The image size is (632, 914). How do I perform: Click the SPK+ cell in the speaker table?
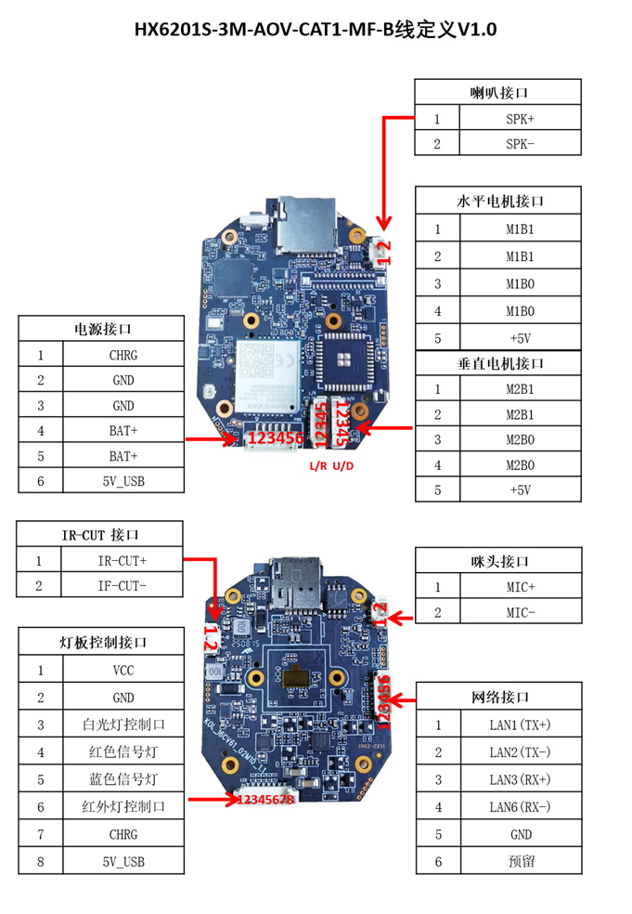pyautogui.click(x=520, y=119)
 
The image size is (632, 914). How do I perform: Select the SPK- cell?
pyautogui.click(x=520, y=143)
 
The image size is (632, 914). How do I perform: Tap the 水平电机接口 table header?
pyautogui.click(x=499, y=201)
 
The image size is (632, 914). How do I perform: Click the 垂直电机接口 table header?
pyautogui.click(x=499, y=363)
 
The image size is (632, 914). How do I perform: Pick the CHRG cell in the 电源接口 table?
pyautogui.click(x=122, y=354)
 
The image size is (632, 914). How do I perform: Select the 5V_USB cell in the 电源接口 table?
pyautogui.click(x=122, y=480)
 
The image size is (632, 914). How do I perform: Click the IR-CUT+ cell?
pyautogui.click(x=122, y=560)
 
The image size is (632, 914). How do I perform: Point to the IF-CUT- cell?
pyautogui.click(x=122, y=585)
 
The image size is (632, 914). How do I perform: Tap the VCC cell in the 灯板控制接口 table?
pyautogui.click(x=122, y=670)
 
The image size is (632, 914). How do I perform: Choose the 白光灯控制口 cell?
pyautogui.click(x=122, y=725)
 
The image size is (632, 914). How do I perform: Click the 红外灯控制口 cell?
pyautogui.click(x=122, y=806)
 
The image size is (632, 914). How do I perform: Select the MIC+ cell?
pyautogui.click(x=520, y=587)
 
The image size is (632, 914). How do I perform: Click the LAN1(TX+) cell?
pyautogui.click(x=520, y=725)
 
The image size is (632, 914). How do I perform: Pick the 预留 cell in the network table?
pyautogui.click(x=520, y=861)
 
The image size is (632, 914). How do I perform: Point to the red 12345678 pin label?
pyautogui.click(x=265, y=799)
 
